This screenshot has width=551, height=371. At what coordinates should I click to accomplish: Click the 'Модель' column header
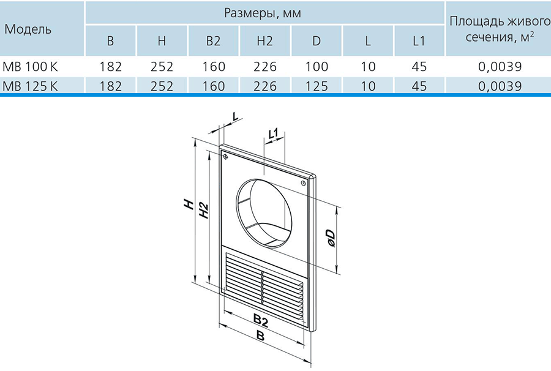pyautogui.click(x=28, y=29)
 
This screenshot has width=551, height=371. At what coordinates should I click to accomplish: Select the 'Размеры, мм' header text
pyautogui.click(x=263, y=13)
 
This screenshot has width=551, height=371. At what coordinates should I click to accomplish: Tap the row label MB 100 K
pyautogui.click(x=30, y=66)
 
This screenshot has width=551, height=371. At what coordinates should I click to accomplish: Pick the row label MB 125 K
pyautogui.click(x=30, y=86)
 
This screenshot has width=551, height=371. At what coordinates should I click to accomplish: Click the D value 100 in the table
pyautogui.click(x=317, y=66)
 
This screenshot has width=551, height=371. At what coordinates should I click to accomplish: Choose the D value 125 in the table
pyautogui.click(x=317, y=86)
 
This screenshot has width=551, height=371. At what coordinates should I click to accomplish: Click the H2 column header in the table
pyautogui.click(x=264, y=41)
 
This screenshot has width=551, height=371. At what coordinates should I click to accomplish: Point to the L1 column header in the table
pyautogui.click(x=419, y=41)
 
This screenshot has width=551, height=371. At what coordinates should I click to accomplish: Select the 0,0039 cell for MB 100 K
pyautogui.click(x=500, y=66)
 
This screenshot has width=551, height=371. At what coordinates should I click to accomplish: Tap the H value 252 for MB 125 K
pyautogui.click(x=162, y=86)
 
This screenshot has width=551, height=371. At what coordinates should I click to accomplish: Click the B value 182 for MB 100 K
pyautogui.click(x=110, y=66)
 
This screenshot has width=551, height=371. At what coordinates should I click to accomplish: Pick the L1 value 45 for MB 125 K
pyautogui.click(x=419, y=86)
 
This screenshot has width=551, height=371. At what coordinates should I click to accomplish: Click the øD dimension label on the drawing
pyautogui.click(x=331, y=239)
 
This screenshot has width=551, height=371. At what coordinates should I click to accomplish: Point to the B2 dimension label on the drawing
pyautogui.click(x=261, y=320)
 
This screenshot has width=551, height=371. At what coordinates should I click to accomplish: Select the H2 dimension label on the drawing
pyautogui.click(x=204, y=211)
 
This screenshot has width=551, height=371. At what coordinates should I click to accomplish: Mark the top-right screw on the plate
pyautogui.click(x=303, y=183)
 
